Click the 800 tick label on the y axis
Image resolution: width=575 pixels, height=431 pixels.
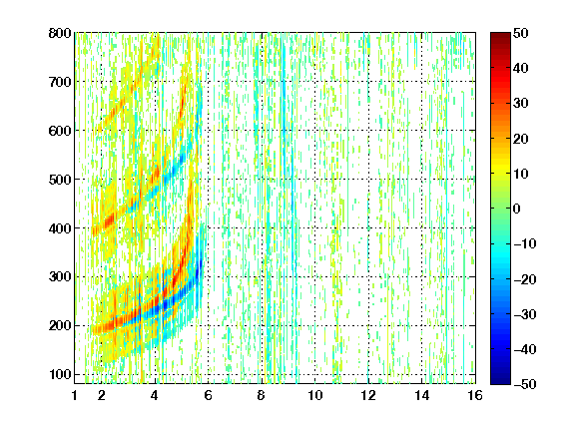pyautogui.click(x=60, y=33)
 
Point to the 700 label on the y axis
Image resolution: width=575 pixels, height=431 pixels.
pyautogui.click(x=60, y=82)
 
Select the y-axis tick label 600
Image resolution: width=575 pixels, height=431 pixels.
pyautogui.click(x=60, y=131)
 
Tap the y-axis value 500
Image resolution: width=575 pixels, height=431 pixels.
pyautogui.click(x=60, y=180)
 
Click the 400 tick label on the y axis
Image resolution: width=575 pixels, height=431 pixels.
pyautogui.click(x=60, y=228)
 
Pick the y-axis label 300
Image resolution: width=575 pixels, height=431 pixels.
pyautogui.click(x=60, y=277)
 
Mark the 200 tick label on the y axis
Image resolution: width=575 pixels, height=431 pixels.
pyautogui.click(x=60, y=326)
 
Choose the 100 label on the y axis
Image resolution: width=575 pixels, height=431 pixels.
pyautogui.click(x=60, y=374)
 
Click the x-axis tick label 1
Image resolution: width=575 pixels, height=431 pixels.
pyautogui.click(x=75, y=395)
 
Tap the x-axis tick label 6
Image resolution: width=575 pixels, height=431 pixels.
pyautogui.click(x=209, y=395)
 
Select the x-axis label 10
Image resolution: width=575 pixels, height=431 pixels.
pyautogui.click(x=315, y=395)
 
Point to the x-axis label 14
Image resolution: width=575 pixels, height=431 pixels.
pyautogui.click(x=422, y=395)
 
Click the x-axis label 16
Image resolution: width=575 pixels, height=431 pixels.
pyautogui.click(x=475, y=395)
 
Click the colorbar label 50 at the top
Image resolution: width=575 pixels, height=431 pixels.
pyautogui.click(x=521, y=33)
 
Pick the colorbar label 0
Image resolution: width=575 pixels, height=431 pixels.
pyautogui.click(x=517, y=209)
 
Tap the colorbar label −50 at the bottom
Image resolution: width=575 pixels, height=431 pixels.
pyautogui.click(x=525, y=384)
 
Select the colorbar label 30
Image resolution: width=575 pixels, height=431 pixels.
pyautogui.click(x=521, y=104)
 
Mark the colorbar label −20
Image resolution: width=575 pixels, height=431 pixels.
pyautogui.click(x=525, y=279)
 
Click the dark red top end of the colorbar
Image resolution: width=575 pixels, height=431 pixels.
pyautogui.click(x=500, y=35)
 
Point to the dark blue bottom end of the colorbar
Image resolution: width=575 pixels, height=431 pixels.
pyautogui.click(x=500, y=381)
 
